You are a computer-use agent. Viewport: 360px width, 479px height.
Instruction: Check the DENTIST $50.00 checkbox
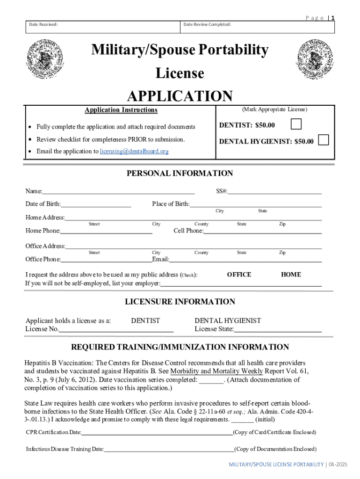296,124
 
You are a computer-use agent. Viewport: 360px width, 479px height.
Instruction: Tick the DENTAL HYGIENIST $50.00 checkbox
323,140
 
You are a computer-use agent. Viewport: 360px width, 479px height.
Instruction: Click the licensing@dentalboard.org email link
134,152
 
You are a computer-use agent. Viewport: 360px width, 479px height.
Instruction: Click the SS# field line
275,192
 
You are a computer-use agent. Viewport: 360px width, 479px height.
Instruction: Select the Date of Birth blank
96,205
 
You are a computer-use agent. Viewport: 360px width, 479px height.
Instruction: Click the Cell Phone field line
262,232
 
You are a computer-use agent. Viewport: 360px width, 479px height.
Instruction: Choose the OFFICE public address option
239,275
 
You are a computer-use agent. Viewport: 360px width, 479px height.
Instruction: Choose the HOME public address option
291,275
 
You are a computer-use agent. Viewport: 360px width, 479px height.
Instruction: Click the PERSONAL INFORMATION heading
180,174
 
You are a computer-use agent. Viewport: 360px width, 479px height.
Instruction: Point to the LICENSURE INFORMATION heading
180,302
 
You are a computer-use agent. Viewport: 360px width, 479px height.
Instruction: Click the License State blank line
278,330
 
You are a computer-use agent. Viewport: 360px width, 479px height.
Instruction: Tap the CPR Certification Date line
157,433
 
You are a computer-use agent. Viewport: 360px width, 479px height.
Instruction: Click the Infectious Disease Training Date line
169,450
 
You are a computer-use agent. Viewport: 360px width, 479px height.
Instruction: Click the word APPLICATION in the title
180,96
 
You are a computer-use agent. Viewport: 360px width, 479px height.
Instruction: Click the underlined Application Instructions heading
121,110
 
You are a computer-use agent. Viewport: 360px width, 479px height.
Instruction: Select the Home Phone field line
106,232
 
